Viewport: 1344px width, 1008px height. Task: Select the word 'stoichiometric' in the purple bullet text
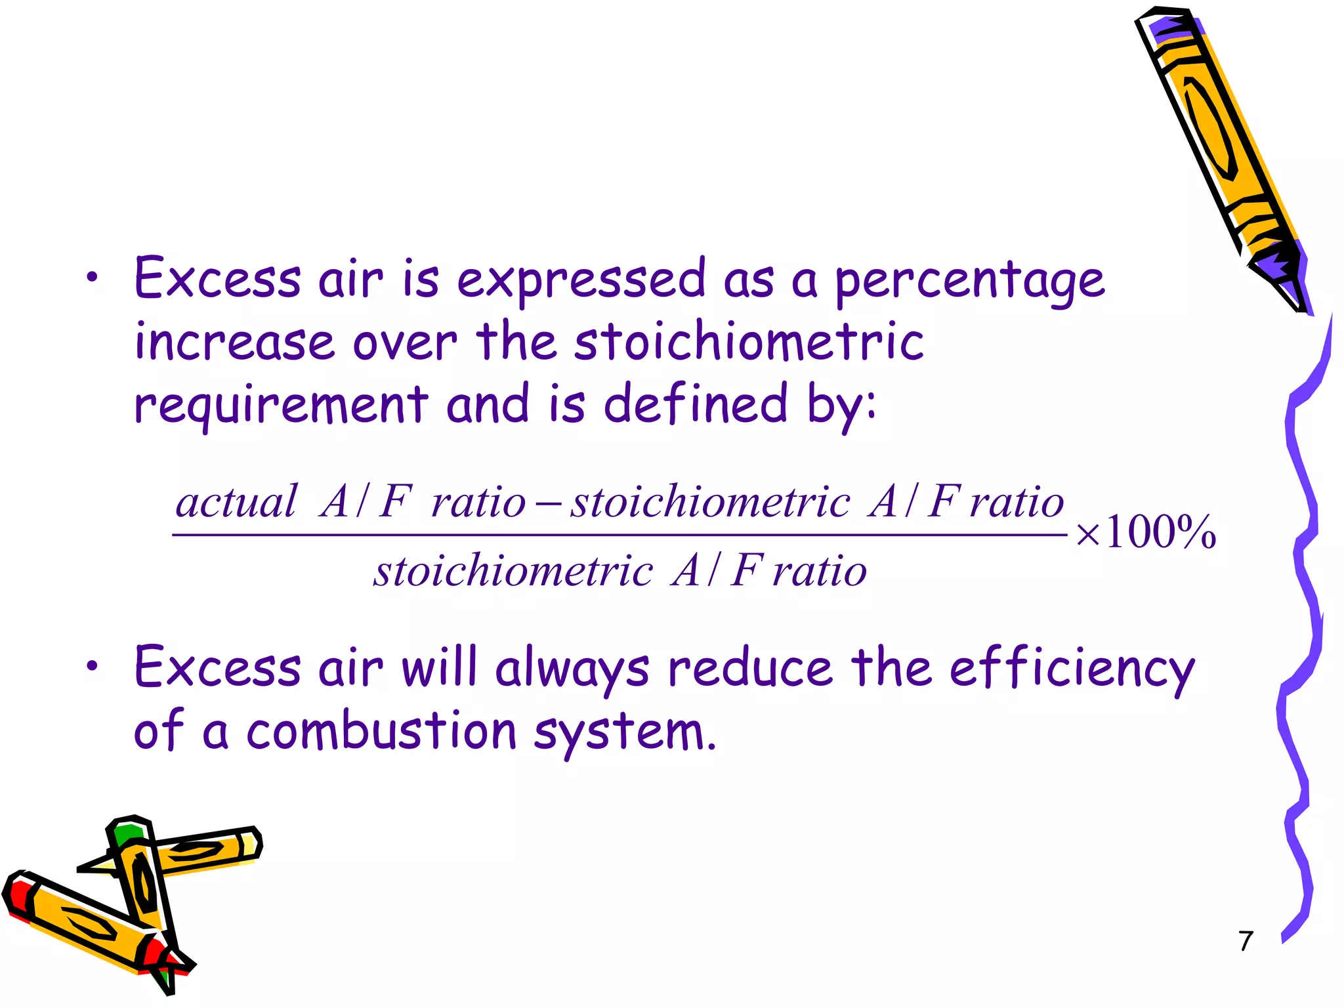(x=749, y=342)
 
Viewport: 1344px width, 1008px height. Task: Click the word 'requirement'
(x=281, y=405)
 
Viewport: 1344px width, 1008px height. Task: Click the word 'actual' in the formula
(x=236, y=502)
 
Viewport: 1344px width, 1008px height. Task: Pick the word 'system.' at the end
(x=624, y=732)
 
